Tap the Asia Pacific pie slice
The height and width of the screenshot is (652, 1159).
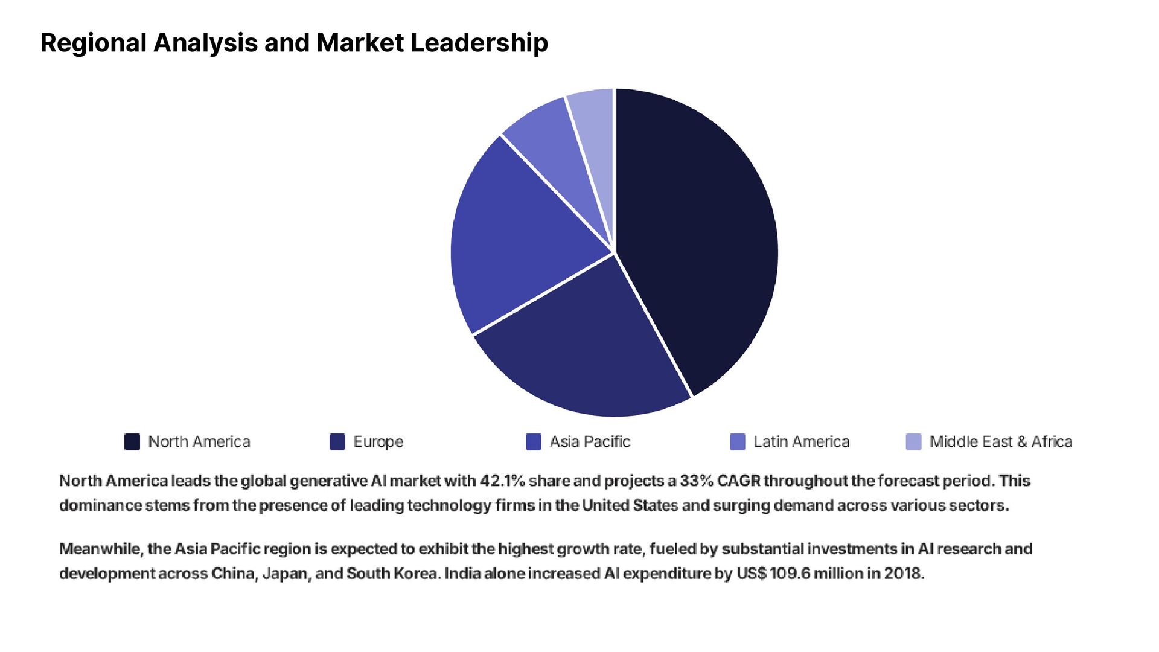519,241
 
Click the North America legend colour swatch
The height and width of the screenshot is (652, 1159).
132,442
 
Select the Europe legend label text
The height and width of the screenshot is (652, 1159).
378,442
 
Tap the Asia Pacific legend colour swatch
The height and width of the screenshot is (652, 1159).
534,442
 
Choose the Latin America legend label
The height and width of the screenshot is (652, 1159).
801,442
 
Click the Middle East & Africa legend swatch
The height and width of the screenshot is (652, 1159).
913,442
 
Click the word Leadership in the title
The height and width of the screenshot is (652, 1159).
479,43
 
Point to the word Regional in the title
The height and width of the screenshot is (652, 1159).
94,43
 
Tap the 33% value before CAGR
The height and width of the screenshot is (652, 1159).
696,481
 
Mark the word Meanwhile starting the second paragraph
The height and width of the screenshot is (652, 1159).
101,549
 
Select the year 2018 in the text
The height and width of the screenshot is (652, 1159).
904,574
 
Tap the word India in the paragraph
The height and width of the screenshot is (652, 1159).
462,574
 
